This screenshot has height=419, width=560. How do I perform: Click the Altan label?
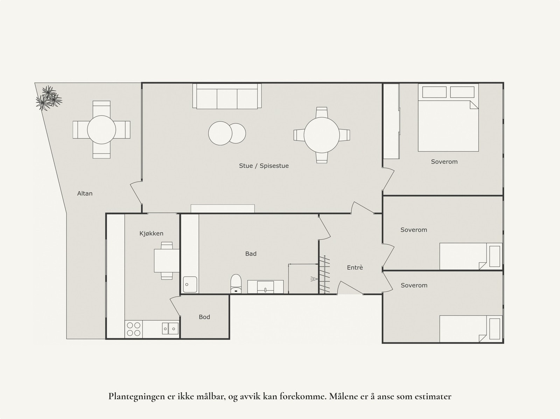(85, 193)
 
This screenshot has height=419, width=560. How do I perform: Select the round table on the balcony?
(101, 130)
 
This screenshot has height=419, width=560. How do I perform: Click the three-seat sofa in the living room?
(227, 96)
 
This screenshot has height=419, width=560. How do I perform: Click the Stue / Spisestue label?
(264, 166)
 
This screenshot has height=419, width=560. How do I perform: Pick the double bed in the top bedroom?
(448, 126)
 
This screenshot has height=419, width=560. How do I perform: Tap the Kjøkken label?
(151, 234)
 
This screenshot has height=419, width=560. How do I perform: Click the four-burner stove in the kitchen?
(133, 329)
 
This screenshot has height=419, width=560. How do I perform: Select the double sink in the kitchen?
(170, 328)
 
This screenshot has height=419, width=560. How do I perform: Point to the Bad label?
(251, 254)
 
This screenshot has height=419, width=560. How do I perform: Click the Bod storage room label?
(204, 317)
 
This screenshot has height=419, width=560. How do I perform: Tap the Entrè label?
(355, 268)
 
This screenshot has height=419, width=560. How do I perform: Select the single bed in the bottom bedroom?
(470, 329)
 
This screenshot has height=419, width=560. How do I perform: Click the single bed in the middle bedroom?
(470, 256)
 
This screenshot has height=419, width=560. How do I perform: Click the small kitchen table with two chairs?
(167, 261)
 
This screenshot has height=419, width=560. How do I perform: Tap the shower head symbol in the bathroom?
(313, 279)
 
